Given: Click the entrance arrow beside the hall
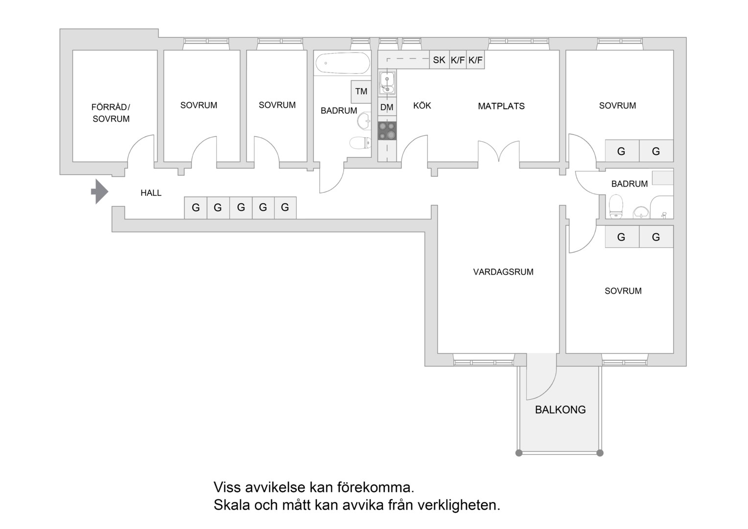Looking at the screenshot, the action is pos(99,192).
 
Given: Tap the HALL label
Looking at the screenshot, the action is pos(151,193).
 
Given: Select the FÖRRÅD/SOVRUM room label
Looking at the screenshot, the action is pos(111,113).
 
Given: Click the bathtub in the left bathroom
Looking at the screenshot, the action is pos(343,63).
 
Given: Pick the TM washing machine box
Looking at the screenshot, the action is pos(361,92).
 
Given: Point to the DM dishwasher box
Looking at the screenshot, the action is pos(387,107).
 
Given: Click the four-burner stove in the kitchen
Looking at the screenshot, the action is pos(387,131).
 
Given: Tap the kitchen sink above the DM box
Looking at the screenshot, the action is pos(387,83).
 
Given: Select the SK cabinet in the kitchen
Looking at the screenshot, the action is pos(439,60).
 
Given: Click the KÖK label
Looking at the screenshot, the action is pos(422,106).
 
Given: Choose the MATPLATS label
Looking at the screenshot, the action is pos(501,106).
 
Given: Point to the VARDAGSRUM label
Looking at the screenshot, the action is pos(503,272).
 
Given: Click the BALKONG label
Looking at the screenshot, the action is pos(561,409).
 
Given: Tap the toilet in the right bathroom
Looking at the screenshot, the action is pos(616,207).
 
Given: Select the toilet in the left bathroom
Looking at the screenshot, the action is pos(360,143).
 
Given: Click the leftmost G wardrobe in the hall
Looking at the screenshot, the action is pos(196,208).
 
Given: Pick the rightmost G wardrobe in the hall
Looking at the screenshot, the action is pos(285,208).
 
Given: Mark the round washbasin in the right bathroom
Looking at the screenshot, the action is pos(641,213).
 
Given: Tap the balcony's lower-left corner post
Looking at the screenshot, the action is pos(518,453).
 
